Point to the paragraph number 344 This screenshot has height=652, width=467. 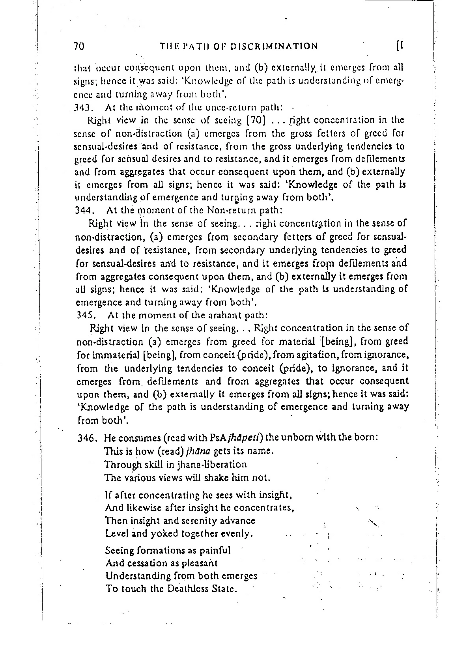click(84, 211)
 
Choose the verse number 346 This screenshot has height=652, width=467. click(86, 438)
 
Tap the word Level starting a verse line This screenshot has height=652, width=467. click(116, 534)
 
